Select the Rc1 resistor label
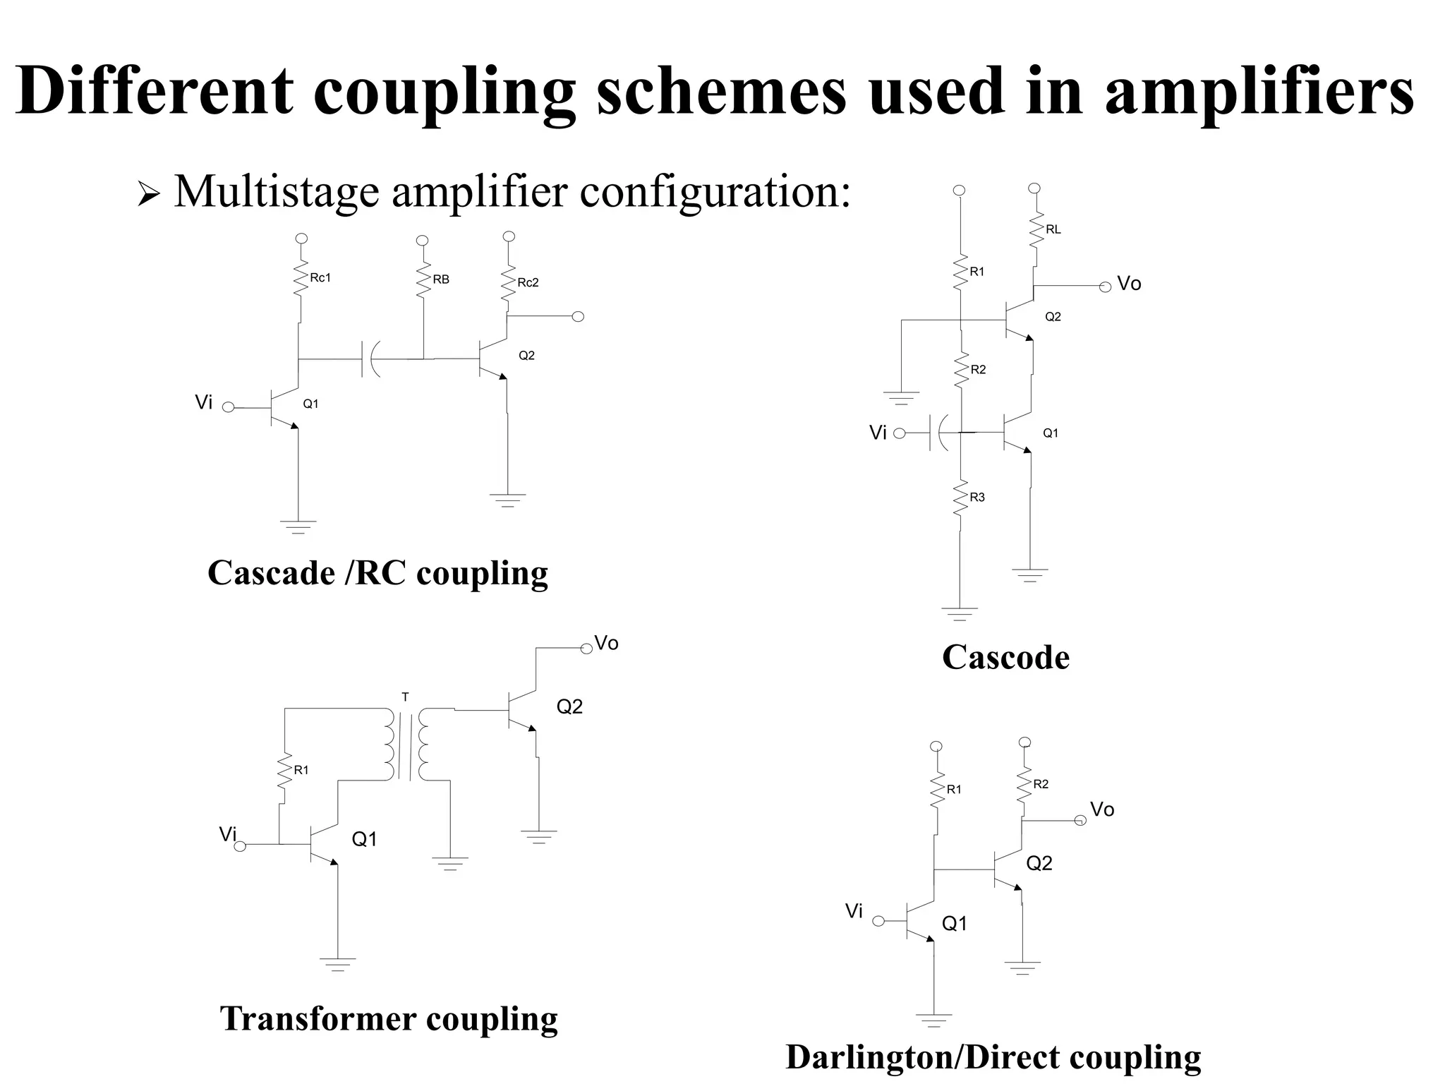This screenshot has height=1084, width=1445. [x=320, y=278]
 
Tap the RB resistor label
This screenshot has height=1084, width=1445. [x=441, y=279]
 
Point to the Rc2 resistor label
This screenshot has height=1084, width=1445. [x=528, y=283]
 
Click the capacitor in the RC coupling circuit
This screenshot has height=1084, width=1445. [x=370, y=359]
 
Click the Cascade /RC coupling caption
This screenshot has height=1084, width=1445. [x=377, y=572]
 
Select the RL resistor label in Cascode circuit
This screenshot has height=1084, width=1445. [x=1053, y=229]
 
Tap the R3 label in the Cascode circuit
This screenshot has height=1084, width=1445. [x=977, y=498]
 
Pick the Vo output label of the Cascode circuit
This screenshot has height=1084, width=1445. [x=1129, y=284]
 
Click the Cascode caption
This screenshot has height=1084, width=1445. [x=1005, y=657]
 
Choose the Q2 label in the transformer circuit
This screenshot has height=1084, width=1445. [x=569, y=707]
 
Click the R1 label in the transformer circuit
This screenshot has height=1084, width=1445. [x=301, y=771]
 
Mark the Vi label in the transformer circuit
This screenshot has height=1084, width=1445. [x=227, y=835]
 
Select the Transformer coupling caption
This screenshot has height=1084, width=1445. [x=389, y=1018]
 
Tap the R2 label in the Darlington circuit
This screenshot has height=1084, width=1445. [x=1041, y=784]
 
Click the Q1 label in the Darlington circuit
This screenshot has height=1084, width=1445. [x=955, y=924]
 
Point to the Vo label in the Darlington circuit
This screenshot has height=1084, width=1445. [x=1102, y=809]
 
